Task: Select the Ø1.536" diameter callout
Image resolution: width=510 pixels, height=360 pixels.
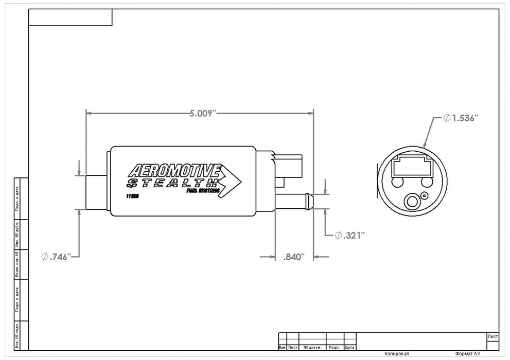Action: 461,118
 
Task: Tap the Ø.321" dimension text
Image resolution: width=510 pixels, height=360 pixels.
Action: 349,235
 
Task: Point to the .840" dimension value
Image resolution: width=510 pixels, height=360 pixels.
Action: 294,256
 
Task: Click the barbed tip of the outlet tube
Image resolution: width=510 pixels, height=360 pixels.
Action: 308,201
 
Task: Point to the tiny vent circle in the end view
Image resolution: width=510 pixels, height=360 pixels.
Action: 424,195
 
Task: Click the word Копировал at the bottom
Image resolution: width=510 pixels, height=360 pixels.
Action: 397,354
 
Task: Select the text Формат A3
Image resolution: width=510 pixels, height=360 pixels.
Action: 467,354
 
